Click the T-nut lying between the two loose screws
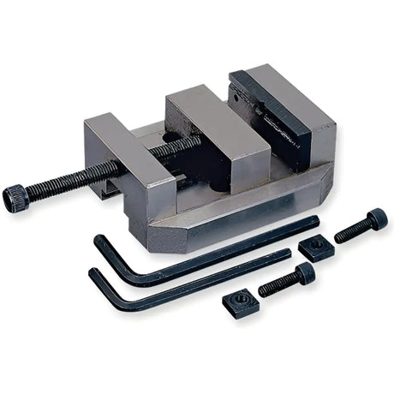[x=313, y=248]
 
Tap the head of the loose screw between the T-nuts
[x=305, y=274]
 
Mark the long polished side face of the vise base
[x=257, y=206]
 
